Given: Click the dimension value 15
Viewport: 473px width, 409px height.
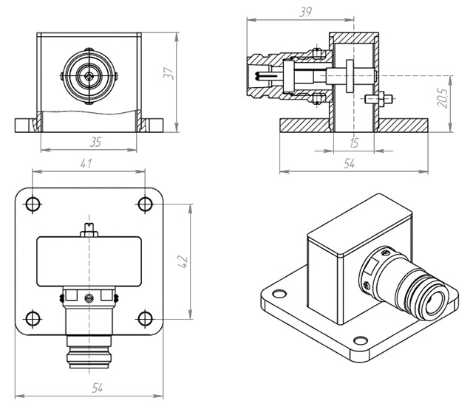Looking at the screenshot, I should (354, 142).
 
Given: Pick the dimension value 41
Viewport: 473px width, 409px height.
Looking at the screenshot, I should (87, 163).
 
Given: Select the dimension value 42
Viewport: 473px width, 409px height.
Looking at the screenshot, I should (184, 261).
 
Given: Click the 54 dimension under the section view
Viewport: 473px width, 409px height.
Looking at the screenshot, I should (349, 165).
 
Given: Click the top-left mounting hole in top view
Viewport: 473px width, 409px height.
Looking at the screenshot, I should (33, 203).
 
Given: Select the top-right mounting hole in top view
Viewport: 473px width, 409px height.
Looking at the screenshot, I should (144, 203).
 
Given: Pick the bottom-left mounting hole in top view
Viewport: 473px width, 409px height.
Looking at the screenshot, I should (33, 318).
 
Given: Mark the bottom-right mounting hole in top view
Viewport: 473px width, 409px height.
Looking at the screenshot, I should (144, 318).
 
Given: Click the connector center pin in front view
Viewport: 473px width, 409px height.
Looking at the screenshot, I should (89, 75).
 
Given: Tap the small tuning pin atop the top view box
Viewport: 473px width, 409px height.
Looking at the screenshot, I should (89, 229).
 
